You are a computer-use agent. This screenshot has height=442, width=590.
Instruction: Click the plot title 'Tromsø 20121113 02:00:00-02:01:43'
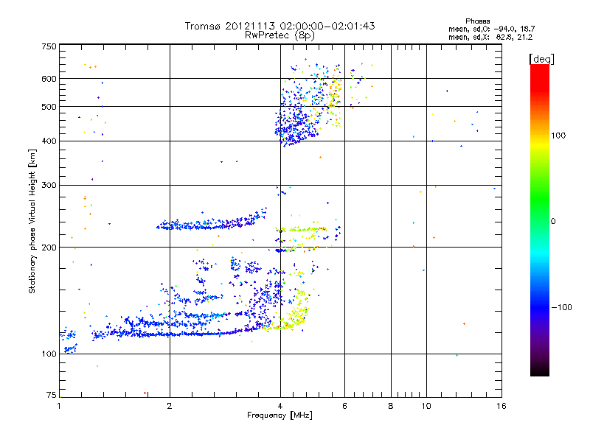click(280, 26)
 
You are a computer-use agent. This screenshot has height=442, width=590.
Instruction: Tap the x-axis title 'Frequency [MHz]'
click(280, 415)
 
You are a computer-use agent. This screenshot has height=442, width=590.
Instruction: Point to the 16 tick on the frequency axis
click(501, 406)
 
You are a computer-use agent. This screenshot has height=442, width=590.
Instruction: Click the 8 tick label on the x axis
click(391, 406)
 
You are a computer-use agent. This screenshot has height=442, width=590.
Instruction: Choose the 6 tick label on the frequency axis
click(345, 406)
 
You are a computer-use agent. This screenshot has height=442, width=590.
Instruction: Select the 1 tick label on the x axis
click(59, 406)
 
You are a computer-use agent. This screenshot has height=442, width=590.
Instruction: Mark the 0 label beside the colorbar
click(555, 221)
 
